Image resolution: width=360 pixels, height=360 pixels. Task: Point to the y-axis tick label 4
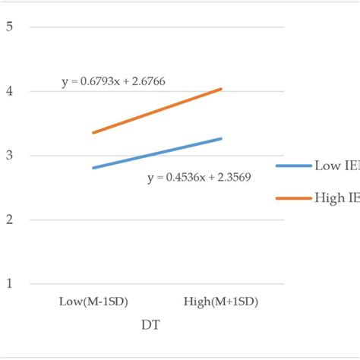click(x=10, y=91)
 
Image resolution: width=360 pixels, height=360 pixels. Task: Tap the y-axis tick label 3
click(x=10, y=156)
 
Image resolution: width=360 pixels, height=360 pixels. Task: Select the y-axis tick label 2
click(x=10, y=219)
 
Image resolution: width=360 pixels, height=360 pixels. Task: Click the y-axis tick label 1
click(x=10, y=284)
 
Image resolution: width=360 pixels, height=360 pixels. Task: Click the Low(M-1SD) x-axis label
click(x=93, y=302)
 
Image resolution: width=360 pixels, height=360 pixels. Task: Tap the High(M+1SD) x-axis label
click(x=221, y=302)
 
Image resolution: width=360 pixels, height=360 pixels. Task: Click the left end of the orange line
click(x=93, y=133)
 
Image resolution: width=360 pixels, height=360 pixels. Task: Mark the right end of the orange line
click(x=221, y=89)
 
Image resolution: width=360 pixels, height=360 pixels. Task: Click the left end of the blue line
click(x=93, y=168)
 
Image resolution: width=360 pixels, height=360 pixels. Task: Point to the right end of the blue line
click(x=221, y=138)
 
